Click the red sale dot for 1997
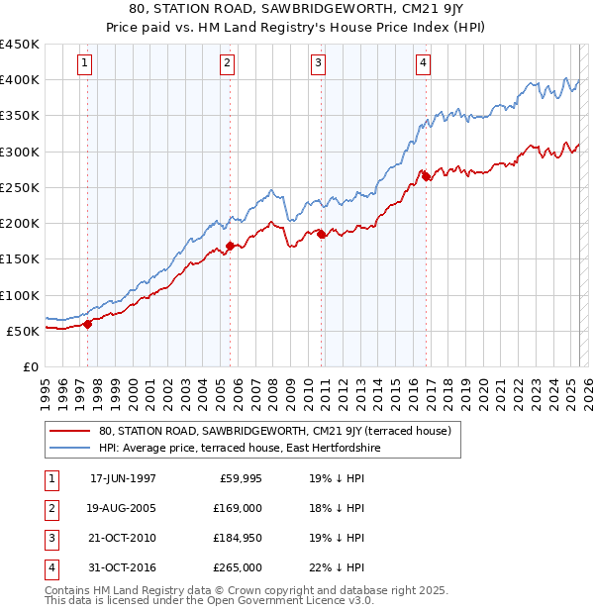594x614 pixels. click(x=88, y=323)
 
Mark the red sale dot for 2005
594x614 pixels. click(x=230, y=245)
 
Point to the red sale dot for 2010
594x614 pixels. click(x=321, y=234)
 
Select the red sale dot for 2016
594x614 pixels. click(x=426, y=176)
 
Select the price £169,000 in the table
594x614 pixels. click(x=237, y=508)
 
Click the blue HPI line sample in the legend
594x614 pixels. click(x=69, y=448)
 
